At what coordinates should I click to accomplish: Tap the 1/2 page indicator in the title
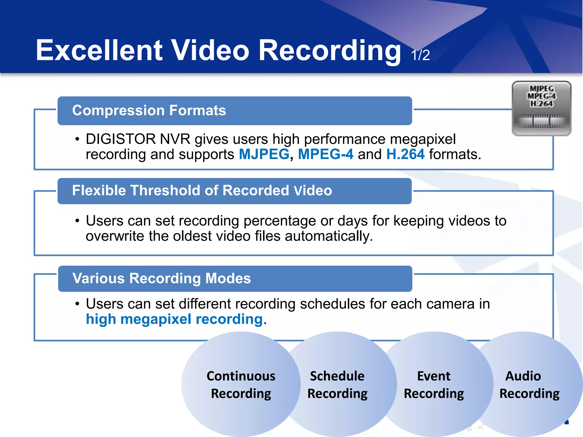(x=420, y=55)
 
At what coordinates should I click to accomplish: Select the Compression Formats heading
(x=149, y=110)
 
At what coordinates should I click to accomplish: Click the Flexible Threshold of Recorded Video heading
(x=202, y=190)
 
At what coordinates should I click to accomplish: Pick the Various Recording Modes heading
(x=161, y=278)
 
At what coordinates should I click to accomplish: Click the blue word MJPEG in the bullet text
(x=264, y=154)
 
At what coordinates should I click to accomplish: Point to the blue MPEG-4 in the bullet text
(x=325, y=154)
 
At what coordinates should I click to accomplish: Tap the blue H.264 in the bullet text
(x=405, y=154)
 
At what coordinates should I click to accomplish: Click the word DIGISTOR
(x=121, y=139)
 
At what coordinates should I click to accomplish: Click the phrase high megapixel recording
(x=174, y=319)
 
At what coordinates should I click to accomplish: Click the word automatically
(x=329, y=236)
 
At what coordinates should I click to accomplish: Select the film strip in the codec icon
(x=541, y=121)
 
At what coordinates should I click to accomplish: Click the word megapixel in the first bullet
(x=422, y=139)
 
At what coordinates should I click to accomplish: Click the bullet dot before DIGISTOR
(x=77, y=139)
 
